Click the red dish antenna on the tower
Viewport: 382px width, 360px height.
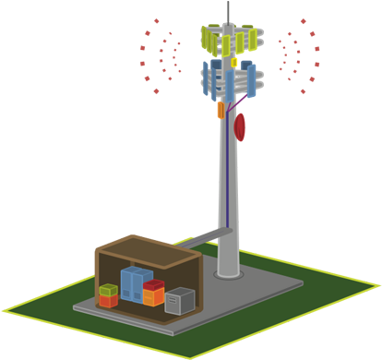(x=241, y=126)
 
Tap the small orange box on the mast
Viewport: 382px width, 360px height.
(x=221, y=110)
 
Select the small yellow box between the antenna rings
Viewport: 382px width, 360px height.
(x=234, y=62)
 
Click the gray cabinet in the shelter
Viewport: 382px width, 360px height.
(x=180, y=300)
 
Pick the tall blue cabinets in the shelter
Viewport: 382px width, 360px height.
(x=135, y=283)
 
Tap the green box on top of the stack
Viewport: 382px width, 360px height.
(x=109, y=291)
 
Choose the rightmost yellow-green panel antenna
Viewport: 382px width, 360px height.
(x=247, y=40)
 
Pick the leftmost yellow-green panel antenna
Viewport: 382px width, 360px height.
(x=207, y=37)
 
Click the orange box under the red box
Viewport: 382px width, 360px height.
(x=154, y=297)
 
